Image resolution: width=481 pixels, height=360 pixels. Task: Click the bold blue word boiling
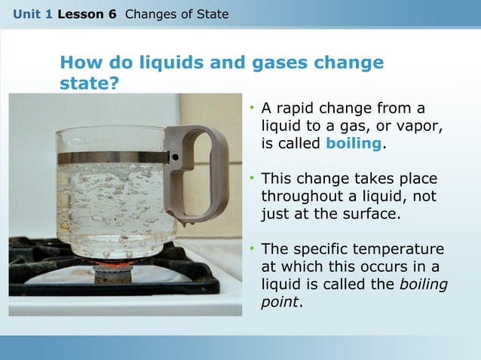coord(354,143)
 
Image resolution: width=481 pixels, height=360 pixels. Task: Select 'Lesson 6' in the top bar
coord(87,14)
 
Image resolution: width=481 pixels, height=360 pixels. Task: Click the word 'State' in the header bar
coord(211,14)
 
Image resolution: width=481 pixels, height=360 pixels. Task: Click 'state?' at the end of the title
coord(89,83)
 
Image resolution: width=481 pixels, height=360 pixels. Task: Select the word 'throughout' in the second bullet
coord(300,197)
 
